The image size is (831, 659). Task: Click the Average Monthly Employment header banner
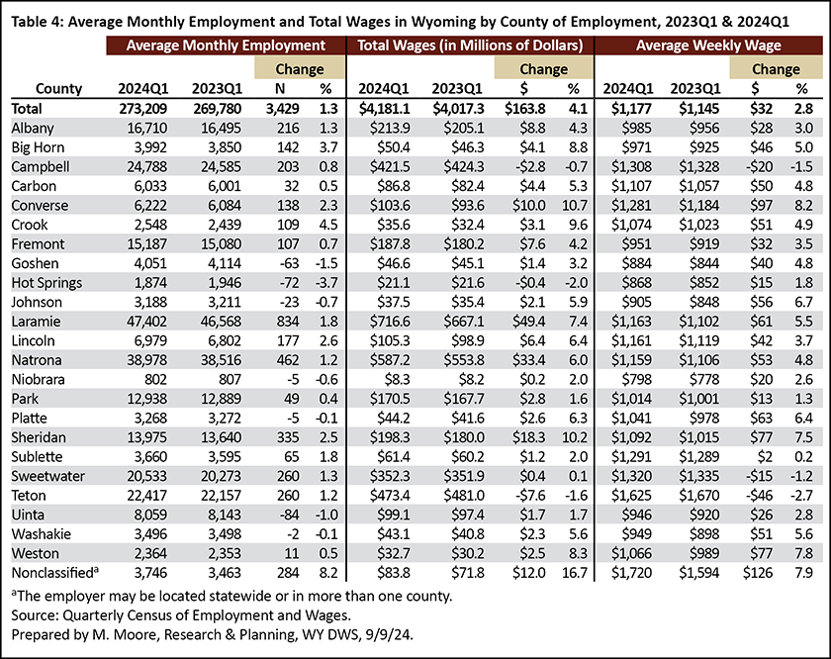point(226,46)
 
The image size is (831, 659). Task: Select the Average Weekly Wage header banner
point(708,46)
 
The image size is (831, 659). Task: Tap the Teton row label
point(29,496)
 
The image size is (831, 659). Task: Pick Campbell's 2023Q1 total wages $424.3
point(464,167)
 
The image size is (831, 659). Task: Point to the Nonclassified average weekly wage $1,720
point(631,573)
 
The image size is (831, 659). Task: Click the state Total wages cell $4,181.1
point(384,109)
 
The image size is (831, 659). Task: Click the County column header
point(58,88)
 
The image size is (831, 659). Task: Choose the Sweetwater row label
point(48,476)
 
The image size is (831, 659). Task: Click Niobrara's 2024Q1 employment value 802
point(155,380)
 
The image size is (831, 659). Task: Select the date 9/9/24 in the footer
point(389,634)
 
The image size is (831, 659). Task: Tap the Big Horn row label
point(39,147)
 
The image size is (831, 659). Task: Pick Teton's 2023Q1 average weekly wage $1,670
point(699,496)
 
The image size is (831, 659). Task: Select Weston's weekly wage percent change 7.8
point(803,553)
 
